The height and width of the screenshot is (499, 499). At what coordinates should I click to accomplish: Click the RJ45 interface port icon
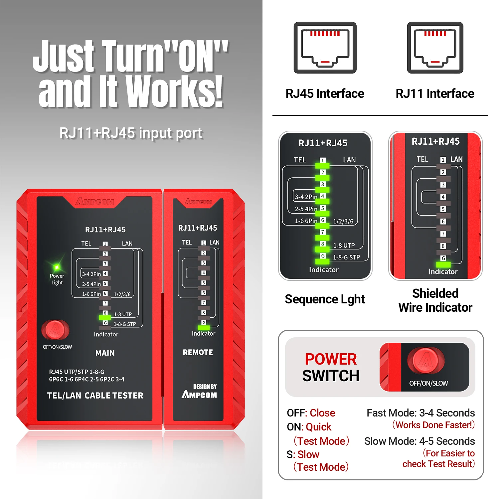(x=325, y=48)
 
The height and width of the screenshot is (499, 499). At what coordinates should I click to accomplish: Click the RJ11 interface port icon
(x=435, y=48)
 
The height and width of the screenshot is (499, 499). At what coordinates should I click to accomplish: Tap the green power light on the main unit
(x=57, y=267)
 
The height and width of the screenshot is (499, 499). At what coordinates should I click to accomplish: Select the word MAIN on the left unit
(x=105, y=353)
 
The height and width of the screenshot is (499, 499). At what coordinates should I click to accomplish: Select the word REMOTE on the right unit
(x=198, y=352)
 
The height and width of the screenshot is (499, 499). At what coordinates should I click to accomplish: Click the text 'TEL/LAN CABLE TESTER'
(x=95, y=396)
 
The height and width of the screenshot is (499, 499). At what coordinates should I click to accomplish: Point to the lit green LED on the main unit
(x=105, y=318)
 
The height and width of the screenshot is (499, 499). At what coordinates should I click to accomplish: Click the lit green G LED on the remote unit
(x=204, y=328)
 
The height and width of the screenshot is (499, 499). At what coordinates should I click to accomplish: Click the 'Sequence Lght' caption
(x=325, y=299)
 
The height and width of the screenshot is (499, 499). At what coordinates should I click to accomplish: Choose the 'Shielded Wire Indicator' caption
(x=435, y=300)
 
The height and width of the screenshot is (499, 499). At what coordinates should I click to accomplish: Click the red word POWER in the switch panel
(x=331, y=359)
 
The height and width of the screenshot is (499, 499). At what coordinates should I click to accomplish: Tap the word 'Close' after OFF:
(x=322, y=413)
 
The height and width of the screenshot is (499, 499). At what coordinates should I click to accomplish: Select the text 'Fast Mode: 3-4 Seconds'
(x=420, y=413)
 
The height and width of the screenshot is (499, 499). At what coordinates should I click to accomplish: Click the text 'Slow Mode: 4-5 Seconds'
(x=419, y=441)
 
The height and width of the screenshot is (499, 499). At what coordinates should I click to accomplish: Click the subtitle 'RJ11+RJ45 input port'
(x=131, y=133)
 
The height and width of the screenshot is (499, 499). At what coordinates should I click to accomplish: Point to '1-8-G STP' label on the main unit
(x=125, y=324)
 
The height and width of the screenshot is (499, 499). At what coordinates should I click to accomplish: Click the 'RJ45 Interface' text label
(x=325, y=94)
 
